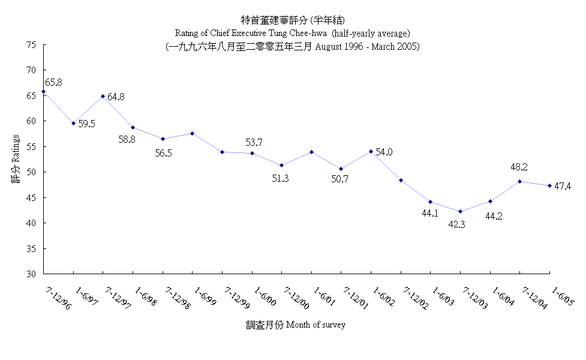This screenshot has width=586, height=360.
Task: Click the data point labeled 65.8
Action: pos(43,92)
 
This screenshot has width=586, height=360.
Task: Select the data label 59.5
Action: pos(87,124)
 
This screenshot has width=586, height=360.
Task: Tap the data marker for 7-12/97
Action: pos(103,96)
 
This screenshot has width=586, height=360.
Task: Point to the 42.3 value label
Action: pos(461,224)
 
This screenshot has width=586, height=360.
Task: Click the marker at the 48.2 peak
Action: pos(520,181)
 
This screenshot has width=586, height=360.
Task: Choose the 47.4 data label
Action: pos(563,186)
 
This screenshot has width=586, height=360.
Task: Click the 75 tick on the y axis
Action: pos(31,45)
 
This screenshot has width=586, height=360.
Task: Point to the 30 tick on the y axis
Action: pos(31,274)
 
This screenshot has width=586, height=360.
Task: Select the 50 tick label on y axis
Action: pos(31,172)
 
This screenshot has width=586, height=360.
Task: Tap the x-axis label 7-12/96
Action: pos(56,298)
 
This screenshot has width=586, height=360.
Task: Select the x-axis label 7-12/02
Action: pos(415,298)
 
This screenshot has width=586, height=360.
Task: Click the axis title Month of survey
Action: pos(315,325)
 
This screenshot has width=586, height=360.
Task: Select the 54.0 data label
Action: pos(384,152)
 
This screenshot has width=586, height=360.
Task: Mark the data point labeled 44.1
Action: pos(430,202)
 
